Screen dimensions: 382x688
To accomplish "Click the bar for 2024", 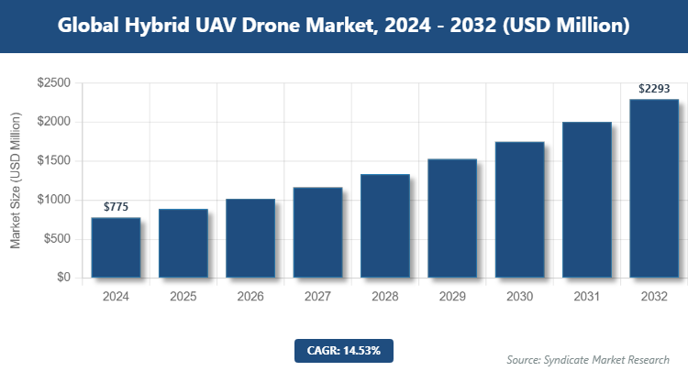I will coord(116,247).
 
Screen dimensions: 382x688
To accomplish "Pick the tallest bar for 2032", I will coord(654,188).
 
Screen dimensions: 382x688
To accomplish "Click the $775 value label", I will coord(116,207).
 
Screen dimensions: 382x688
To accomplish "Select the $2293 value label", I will coord(654,89).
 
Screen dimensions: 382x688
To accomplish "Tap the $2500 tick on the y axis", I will coord(53,83).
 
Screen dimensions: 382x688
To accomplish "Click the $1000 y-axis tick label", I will coord(53,200).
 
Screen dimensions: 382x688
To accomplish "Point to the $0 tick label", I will coord(63,278).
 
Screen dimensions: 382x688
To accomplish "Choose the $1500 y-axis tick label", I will coord(53,161).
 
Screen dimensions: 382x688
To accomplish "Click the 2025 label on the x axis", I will coord(183,297).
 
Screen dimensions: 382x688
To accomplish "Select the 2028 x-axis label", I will coord(384,297).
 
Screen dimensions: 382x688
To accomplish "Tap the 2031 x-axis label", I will coord(586,297).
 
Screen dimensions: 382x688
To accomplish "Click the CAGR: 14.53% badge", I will coord(344,350).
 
